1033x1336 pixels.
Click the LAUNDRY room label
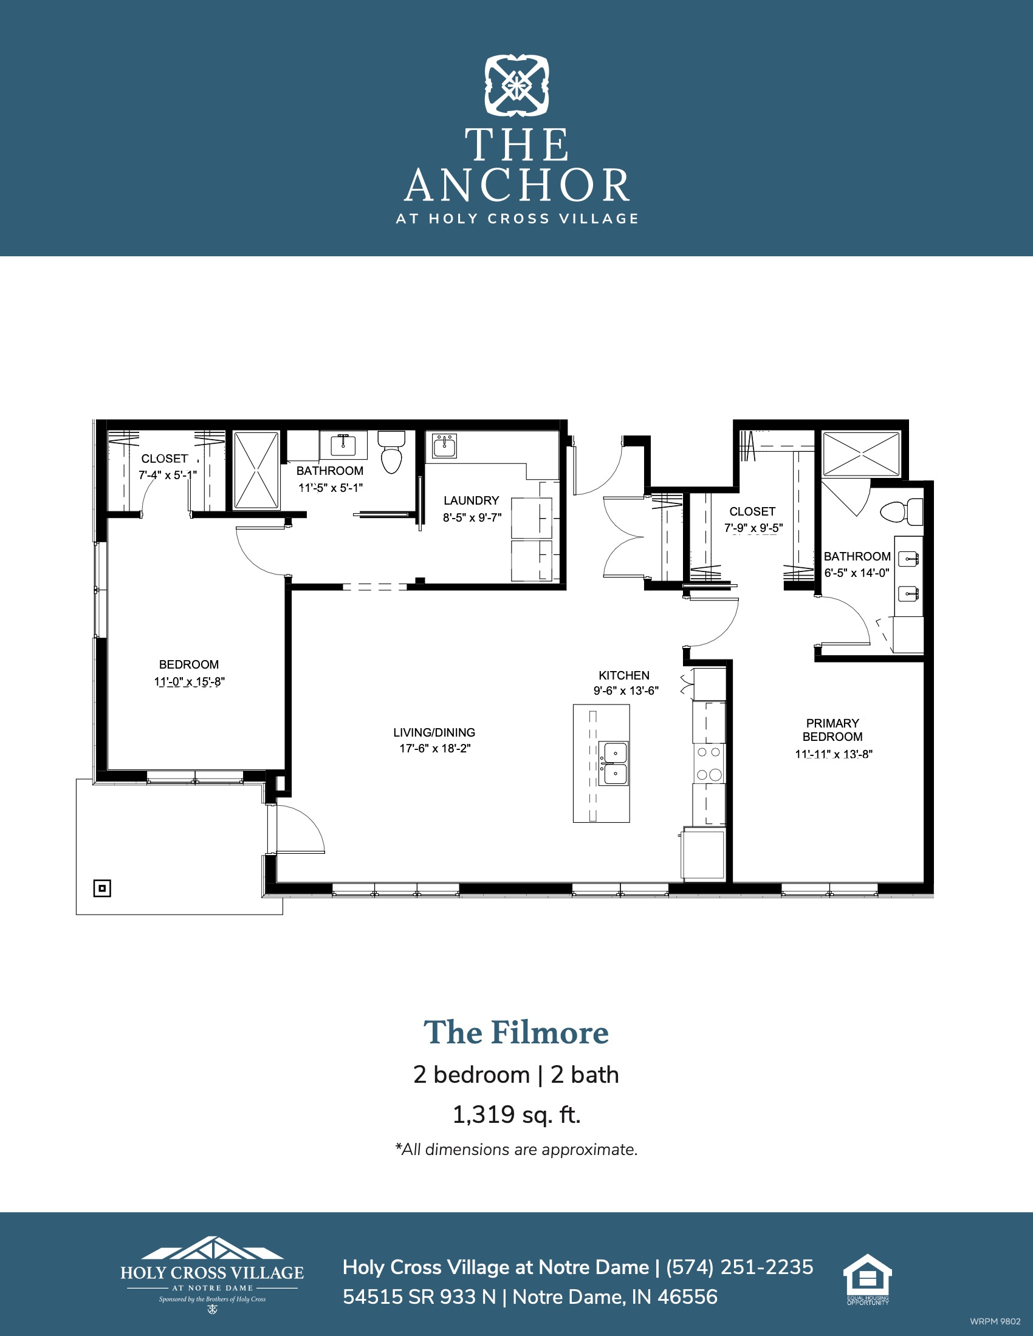471,500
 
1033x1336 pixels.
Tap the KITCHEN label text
623,675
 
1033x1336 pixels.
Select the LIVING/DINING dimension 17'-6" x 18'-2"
435,748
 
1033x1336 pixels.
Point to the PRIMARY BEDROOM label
832,730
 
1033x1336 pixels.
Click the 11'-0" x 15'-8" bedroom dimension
189,681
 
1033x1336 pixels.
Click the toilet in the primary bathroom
901,511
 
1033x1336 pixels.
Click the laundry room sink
444,446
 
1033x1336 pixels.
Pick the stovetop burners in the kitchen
709,763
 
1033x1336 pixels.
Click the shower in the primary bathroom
861,454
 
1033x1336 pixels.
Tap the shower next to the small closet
256,470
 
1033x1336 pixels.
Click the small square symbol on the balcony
102,888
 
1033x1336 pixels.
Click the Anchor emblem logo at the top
516,86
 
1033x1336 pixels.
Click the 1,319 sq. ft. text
516,1114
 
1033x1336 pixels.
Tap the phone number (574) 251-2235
740,1267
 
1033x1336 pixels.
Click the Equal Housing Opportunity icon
868,1279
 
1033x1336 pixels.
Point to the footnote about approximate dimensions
516,1150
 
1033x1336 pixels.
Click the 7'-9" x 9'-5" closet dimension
753,528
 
